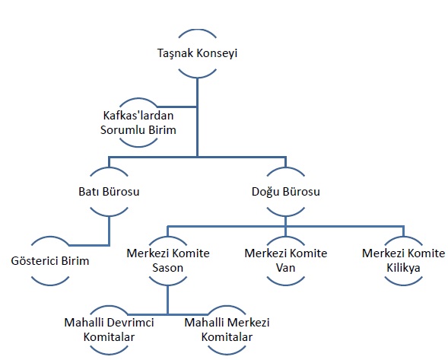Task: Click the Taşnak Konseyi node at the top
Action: [197, 53]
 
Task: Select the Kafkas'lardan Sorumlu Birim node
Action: [138, 123]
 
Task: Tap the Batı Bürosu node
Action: [109, 192]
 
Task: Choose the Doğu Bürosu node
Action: [286, 192]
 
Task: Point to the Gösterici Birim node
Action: [50, 261]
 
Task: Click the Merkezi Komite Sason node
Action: [168, 261]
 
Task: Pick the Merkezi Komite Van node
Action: [286, 261]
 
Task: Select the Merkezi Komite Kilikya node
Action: [403, 261]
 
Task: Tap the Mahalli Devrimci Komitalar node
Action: [109, 330]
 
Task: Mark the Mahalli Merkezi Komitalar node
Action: [227, 330]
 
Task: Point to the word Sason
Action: [167, 268]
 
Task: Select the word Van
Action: [286, 268]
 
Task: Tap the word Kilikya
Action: [403, 268]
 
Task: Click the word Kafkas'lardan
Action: [138, 116]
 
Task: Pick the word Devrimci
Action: [132, 323]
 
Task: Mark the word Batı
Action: [88, 192]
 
